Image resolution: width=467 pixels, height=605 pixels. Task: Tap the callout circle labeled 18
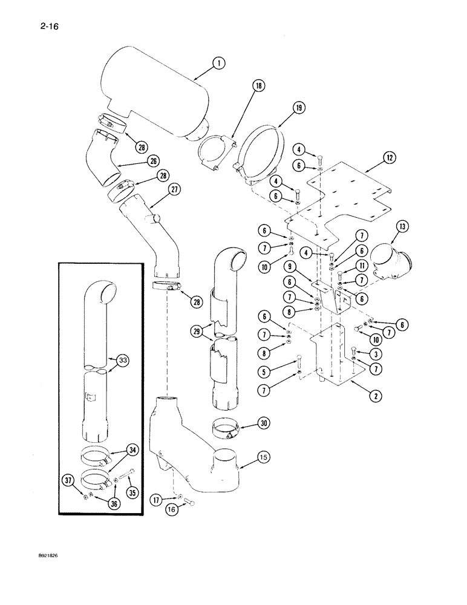pyautogui.click(x=260, y=87)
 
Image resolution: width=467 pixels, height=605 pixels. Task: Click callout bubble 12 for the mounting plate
pyautogui.click(x=389, y=159)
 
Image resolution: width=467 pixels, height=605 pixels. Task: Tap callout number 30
pyautogui.click(x=263, y=424)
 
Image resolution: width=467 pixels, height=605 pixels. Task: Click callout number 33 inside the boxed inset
pyautogui.click(x=124, y=362)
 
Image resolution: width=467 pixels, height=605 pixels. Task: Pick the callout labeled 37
pyautogui.click(x=69, y=480)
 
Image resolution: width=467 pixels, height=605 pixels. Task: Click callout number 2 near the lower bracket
pyautogui.click(x=376, y=396)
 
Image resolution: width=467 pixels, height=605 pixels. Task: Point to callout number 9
pyautogui.click(x=290, y=266)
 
